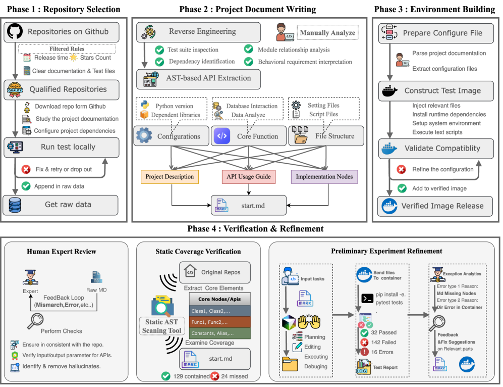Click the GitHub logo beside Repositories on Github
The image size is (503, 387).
(x=16, y=32)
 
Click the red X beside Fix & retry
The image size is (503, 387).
(x=26, y=169)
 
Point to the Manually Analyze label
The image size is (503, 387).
(x=327, y=33)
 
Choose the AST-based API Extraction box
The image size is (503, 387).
(x=199, y=79)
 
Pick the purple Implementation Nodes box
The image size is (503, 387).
(x=323, y=176)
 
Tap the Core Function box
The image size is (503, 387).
(x=247, y=136)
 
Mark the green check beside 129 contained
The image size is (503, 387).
(x=165, y=375)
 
